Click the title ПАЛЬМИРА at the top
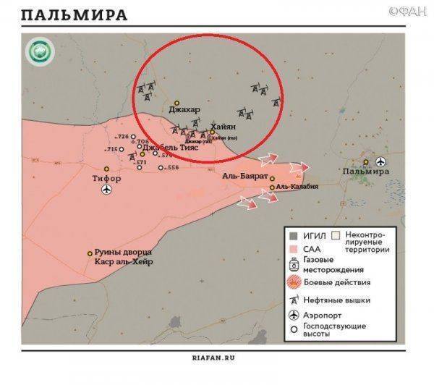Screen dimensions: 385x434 (x=75, y=14)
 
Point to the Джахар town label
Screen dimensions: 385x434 (x=183, y=111)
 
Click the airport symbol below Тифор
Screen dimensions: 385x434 (x=108, y=190)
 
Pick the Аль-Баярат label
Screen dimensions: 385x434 (x=245, y=177)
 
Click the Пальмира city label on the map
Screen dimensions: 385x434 (x=366, y=172)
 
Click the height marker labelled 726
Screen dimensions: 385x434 (x=123, y=137)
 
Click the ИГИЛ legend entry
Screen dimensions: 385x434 (x=312, y=236)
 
